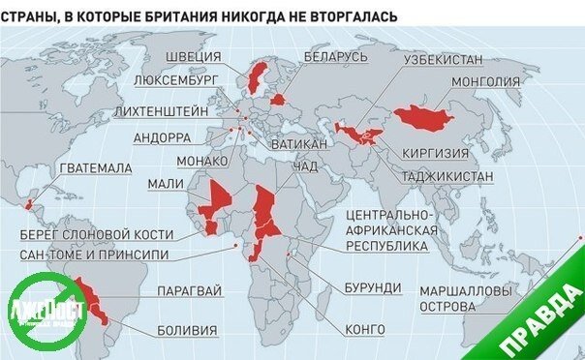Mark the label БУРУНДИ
point(371,288)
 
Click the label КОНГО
point(365,329)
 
